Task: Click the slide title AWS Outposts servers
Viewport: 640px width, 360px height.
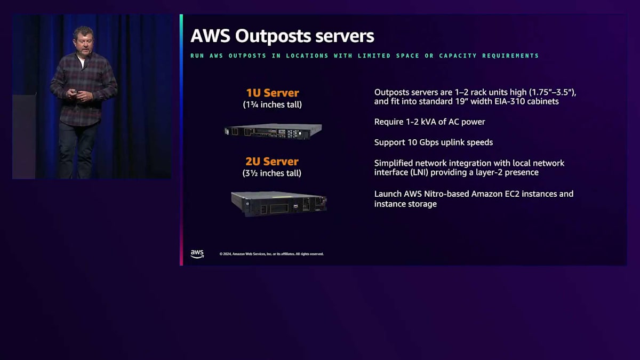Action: click(282, 36)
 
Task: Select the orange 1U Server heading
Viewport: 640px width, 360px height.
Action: click(272, 93)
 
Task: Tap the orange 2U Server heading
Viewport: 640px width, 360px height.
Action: click(272, 162)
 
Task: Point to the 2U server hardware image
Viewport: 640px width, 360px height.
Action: click(278, 203)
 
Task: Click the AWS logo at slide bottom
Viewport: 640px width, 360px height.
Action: click(197, 253)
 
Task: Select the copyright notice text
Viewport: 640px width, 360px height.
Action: click(271, 254)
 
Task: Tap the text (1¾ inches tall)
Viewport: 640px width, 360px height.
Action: click(272, 105)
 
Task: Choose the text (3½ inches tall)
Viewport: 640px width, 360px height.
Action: click(272, 173)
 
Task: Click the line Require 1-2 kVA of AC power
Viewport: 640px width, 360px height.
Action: click(429, 122)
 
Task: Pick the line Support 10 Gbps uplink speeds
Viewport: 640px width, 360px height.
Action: click(433, 142)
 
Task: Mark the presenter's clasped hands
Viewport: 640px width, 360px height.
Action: click(82, 95)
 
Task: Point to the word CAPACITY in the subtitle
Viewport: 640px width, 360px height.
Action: click(458, 55)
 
